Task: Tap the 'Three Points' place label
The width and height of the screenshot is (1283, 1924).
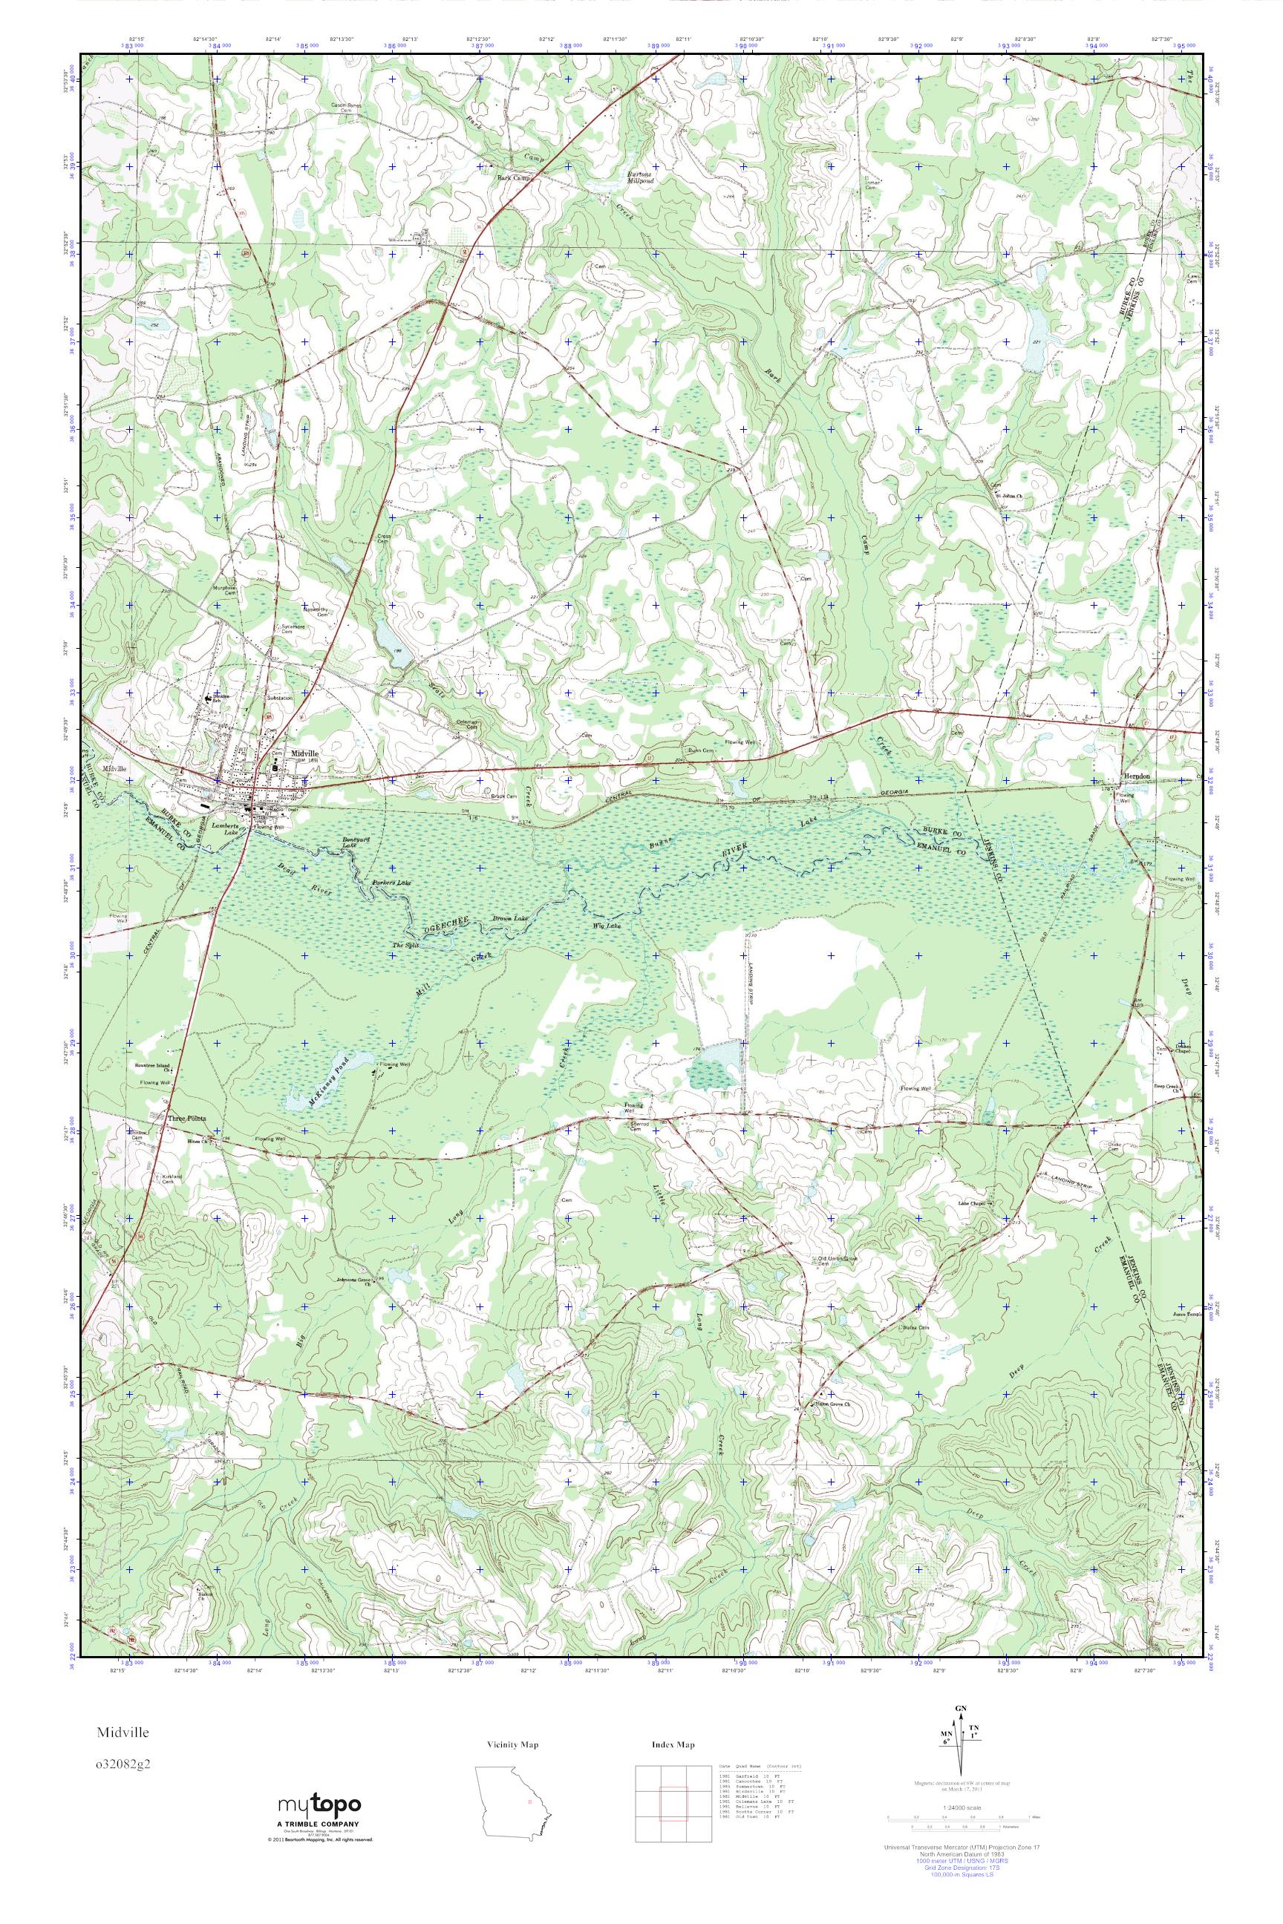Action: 186,1117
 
